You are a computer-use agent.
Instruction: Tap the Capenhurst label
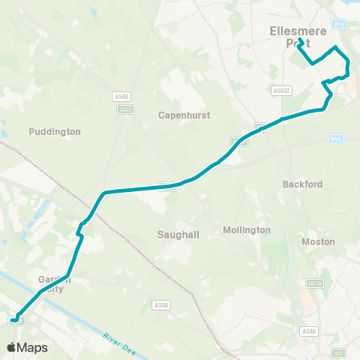184,115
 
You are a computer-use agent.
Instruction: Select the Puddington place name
54,131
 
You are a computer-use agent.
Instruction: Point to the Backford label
302,184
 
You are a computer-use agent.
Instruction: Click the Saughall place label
178,235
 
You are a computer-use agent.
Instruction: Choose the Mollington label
247,229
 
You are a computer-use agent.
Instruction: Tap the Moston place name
318,241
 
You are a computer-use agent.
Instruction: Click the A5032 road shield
281,90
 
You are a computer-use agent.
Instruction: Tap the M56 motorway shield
337,139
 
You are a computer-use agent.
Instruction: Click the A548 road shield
160,305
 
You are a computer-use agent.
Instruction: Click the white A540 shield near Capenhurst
121,96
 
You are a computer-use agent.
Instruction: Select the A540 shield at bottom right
307,331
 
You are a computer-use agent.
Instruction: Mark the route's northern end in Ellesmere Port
300,40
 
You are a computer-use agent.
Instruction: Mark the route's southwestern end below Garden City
13,321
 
